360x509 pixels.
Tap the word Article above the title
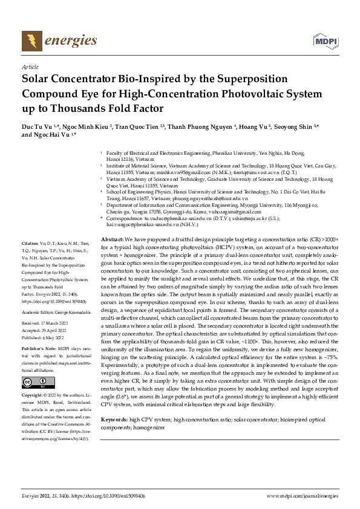[30, 67]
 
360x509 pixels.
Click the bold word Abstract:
[113, 240]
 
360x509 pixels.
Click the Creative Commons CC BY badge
[30, 382]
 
